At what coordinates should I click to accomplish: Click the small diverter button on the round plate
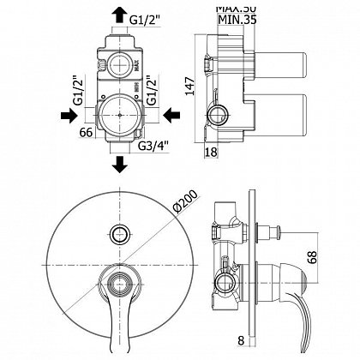(x=117, y=231)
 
